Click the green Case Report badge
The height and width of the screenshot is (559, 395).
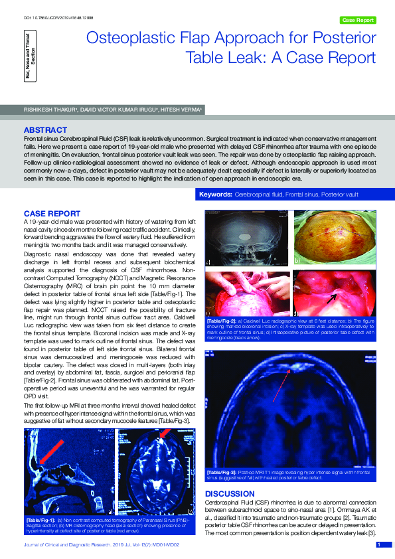coord(358,20)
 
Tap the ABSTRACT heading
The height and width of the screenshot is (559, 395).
coord(45,129)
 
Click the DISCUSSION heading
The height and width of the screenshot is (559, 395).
coord(230,494)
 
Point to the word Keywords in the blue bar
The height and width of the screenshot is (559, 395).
coord(215,195)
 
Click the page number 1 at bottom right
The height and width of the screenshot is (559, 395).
coord(378,545)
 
